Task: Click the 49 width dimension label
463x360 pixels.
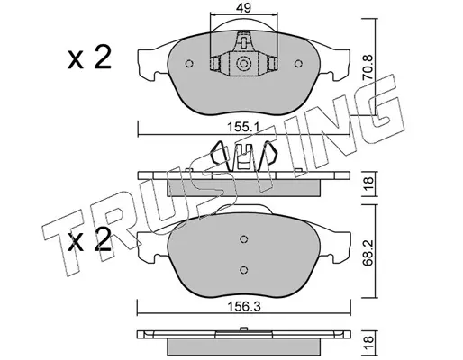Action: point(243,8)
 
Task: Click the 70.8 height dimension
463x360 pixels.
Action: point(368,67)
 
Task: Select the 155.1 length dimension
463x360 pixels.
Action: point(243,128)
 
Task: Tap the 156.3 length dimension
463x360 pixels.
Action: point(244,307)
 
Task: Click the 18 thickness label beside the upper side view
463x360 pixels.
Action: point(368,184)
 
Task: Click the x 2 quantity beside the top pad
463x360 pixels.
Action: point(89,58)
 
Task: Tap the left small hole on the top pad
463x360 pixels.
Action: point(189,64)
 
